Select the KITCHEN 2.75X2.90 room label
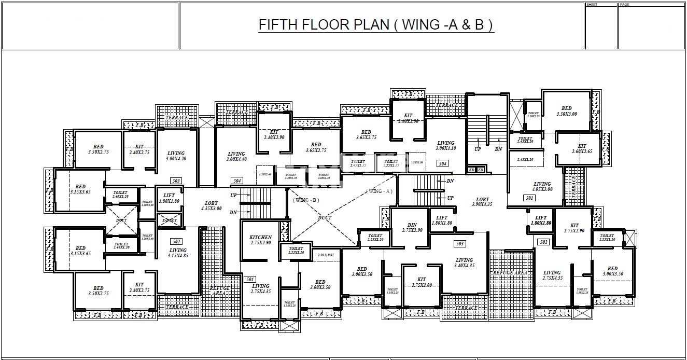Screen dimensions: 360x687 pos(261,240)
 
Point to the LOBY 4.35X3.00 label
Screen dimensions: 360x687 pos(212,206)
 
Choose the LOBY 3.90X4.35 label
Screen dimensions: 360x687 pos(482,202)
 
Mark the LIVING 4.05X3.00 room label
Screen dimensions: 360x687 pos(542,187)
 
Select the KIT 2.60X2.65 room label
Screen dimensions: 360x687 pos(582,149)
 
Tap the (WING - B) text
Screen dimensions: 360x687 pos(306,200)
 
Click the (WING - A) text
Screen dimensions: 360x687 pos(379,191)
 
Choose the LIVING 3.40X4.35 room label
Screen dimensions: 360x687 pos(464,263)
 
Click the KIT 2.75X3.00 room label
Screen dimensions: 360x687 pos(421,282)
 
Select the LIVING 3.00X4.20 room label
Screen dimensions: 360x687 pos(176,156)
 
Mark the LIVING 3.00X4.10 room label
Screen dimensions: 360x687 pos(445,146)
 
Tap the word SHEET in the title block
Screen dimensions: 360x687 pos(592,5)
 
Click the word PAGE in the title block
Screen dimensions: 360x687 pos(624,5)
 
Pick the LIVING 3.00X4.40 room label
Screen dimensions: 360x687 pos(236,157)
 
